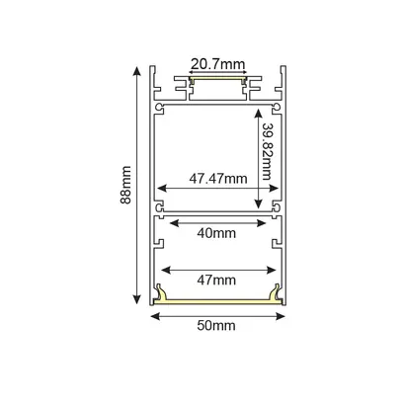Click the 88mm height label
tap(126, 185)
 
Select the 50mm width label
tap(216, 326)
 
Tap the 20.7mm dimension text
tap(218, 64)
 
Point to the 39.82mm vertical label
tap(267, 151)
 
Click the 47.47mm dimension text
tap(218, 179)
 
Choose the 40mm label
tap(216, 233)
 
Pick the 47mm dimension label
tap(216, 281)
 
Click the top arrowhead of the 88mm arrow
tap(137, 71)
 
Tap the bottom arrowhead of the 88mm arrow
tap(137, 299)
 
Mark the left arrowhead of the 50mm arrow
tap(155, 316)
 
